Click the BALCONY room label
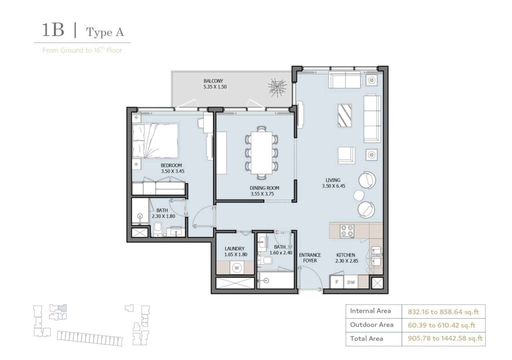tap(213, 81)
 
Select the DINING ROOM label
tap(264, 188)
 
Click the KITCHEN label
tap(345, 255)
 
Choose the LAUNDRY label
tap(234, 248)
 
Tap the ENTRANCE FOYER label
tap(310, 257)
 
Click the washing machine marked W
tap(236, 267)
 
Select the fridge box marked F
tap(337, 282)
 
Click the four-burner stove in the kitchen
tap(347, 230)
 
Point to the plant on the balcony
tap(277, 88)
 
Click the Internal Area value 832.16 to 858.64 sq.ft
tap(443, 311)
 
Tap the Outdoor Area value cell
tap(443, 325)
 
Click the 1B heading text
tap(53, 31)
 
